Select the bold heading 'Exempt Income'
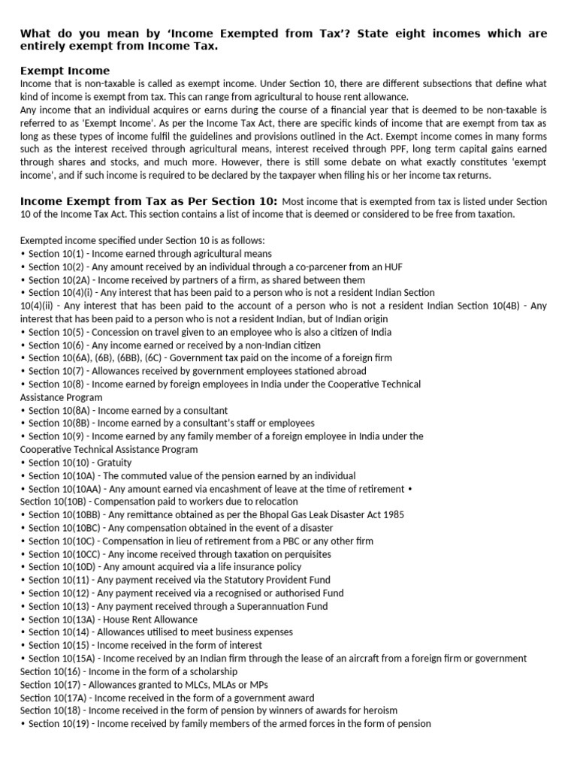pyautogui.click(x=65, y=70)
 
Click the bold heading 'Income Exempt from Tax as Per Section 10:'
pyautogui.click(x=149, y=201)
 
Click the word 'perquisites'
pyautogui.click(x=283, y=554)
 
